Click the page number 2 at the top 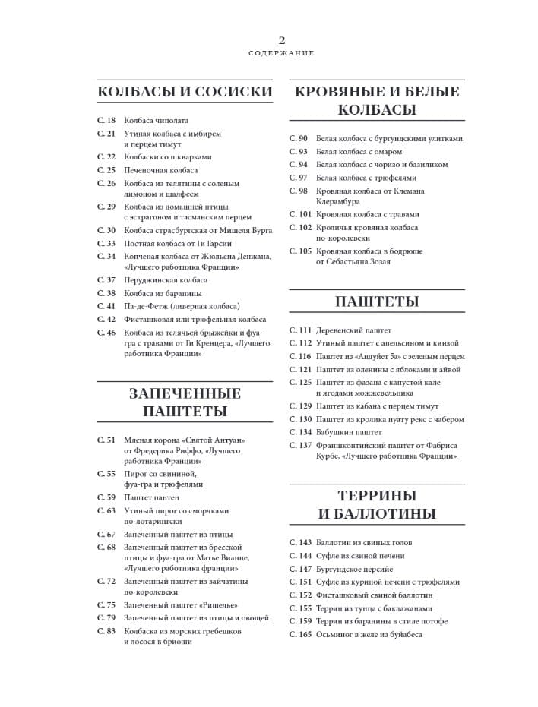click(281, 40)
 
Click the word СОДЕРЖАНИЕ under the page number click(281, 54)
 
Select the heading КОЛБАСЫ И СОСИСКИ click(185, 92)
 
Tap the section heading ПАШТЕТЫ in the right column click(377, 301)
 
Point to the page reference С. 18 click(106, 121)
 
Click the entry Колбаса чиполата click(157, 121)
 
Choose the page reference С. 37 click(106, 280)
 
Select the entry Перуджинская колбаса click(166, 280)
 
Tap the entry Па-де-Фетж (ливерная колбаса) click(182, 306)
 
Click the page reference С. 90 click(299, 139)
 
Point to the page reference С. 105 click(301, 251)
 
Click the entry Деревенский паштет click(353, 330)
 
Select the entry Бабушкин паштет click(349, 432)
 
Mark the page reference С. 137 click(301, 445)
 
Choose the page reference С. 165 click(301, 634)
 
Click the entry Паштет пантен click(152, 497)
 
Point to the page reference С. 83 click(106, 631)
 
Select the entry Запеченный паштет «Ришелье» click(181, 604)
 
